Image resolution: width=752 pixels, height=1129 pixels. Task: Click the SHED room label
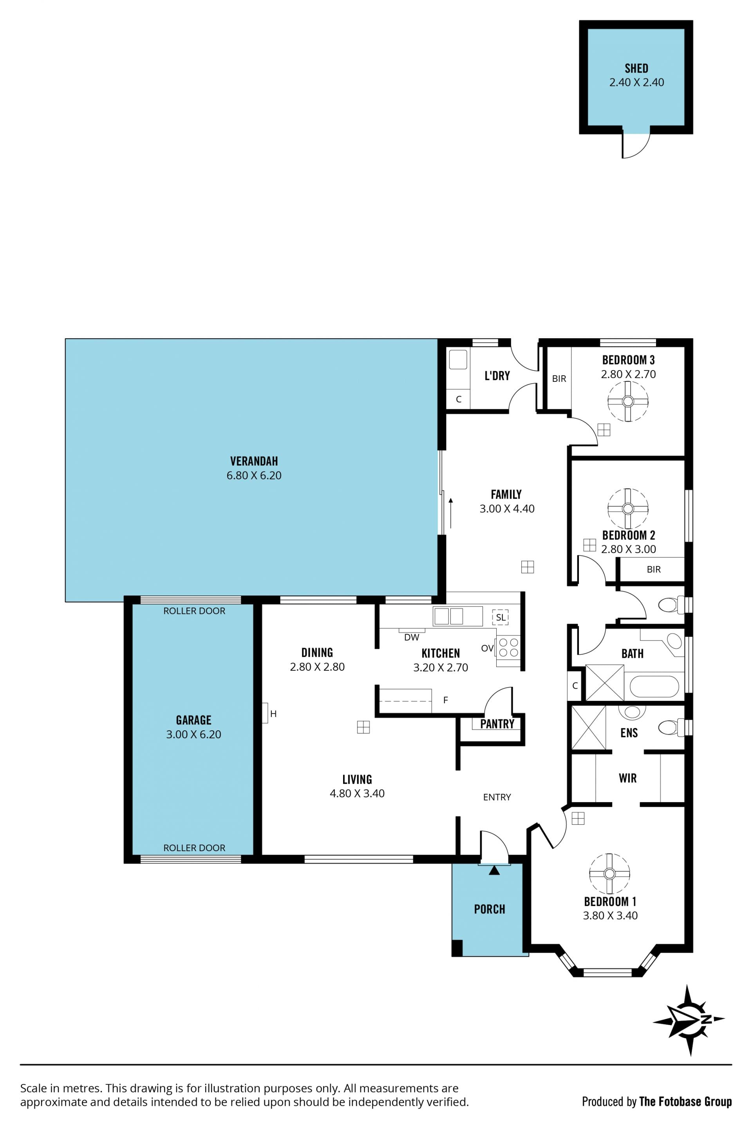pyautogui.click(x=636, y=68)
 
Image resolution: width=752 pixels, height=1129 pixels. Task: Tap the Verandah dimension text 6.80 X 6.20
pyautogui.click(x=254, y=475)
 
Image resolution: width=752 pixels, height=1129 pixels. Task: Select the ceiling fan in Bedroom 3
pyautogui.click(x=628, y=401)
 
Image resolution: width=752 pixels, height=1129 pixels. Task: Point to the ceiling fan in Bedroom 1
pyautogui.click(x=609, y=874)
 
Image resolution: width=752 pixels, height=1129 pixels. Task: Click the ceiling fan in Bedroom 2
pyautogui.click(x=628, y=509)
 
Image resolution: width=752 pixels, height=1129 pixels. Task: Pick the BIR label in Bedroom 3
pyautogui.click(x=559, y=379)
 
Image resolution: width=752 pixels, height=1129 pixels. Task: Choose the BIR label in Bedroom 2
pyautogui.click(x=654, y=569)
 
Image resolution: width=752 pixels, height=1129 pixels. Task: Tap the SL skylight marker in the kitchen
pyautogui.click(x=500, y=617)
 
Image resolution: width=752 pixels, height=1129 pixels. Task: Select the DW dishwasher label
pyautogui.click(x=412, y=637)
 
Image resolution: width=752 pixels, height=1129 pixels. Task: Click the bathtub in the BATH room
pyautogui.click(x=654, y=686)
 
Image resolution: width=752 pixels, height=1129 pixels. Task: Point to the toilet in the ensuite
pyautogui.click(x=671, y=727)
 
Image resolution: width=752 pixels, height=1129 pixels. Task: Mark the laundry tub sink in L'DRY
pyautogui.click(x=458, y=360)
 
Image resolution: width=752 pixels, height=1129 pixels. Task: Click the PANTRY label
pyautogui.click(x=497, y=724)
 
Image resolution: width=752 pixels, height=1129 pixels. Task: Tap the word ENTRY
pyautogui.click(x=497, y=797)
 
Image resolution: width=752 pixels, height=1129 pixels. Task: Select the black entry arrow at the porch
pyautogui.click(x=494, y=870)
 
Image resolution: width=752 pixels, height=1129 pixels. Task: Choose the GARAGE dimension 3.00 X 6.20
pyautogui.click(x=194, y=734)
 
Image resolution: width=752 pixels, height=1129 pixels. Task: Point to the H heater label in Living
pyautogui.click(x=273, y=714)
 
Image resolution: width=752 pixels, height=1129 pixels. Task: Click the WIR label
pyautogui.click(x=628, y=778)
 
